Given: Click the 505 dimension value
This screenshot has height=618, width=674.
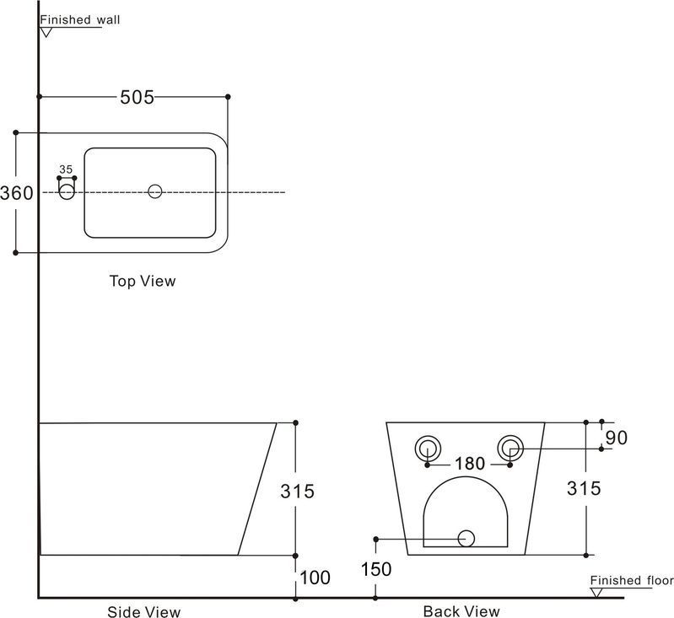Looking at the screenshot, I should point(137,98).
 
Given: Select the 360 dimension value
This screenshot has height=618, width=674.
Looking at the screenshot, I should point(17,193).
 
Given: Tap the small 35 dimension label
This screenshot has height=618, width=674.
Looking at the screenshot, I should point(67,169).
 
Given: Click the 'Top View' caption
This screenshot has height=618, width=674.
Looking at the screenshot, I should point(143,281).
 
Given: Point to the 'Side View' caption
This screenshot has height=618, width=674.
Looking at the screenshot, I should point(143,611).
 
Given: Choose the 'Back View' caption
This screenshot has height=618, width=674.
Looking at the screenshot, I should point(461,611).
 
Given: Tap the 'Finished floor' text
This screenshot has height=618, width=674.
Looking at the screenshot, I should point(631,580).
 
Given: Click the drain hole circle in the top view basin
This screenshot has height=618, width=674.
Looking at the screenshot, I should point(154,191).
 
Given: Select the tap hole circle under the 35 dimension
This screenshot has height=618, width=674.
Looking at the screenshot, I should point(67,192).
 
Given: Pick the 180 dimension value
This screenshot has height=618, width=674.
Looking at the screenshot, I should point(469,464).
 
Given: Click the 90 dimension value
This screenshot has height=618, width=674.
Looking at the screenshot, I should point(616,438).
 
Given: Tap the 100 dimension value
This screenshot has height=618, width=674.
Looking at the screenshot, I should point(314,578).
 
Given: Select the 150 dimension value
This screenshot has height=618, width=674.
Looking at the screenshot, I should point(375,569).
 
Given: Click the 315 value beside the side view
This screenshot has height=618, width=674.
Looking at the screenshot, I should point(297,491).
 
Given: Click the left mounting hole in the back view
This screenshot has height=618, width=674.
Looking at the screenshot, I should point(429,448).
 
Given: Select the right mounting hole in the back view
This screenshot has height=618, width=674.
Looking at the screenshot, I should point(510,448).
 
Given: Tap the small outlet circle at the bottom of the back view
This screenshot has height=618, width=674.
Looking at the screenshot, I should point(466,538).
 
